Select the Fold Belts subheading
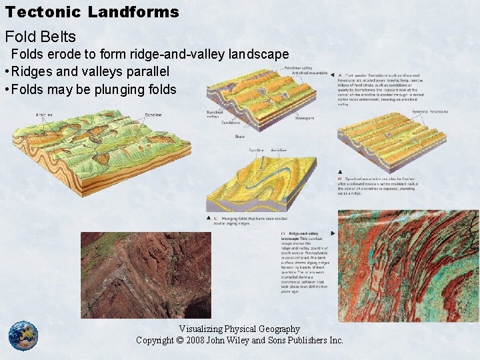[41, 37]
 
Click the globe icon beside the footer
[23, 335]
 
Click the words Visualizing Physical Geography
[239, 329]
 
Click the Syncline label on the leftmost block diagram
[153, 115]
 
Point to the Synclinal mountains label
[429, 111]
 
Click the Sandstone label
[231, 123]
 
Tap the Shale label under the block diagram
[240, 137]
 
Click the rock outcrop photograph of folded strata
[145, 275]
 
